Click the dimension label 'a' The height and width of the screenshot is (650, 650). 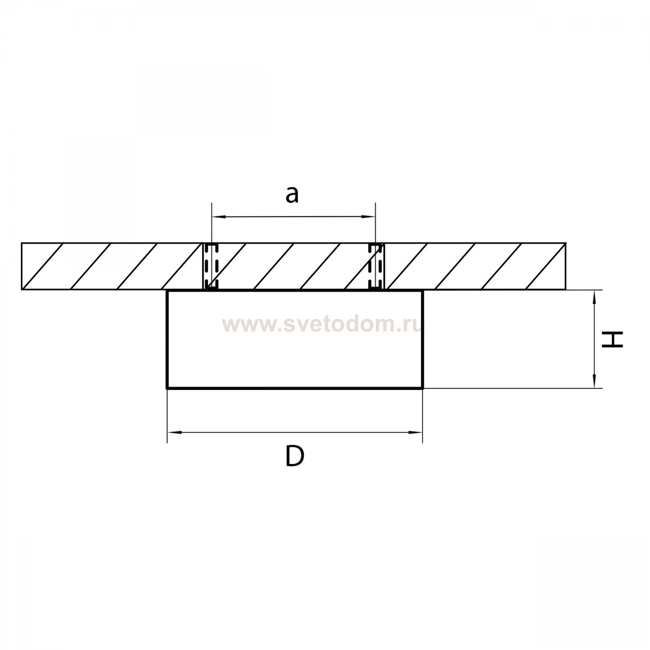pos(292,195)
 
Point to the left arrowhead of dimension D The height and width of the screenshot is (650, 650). pos(173,432)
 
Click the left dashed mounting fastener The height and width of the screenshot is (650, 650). pos(211,266)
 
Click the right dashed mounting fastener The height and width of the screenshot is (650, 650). pos(375,266)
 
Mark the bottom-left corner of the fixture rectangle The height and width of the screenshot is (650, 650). pos(167,388)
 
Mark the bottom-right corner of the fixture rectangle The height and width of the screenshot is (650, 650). pos(422,388)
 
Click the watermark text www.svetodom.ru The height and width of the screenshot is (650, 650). pos(322,324)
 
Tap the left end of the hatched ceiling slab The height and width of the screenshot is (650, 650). pos(22,266)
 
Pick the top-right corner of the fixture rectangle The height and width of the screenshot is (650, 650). pos(422,290)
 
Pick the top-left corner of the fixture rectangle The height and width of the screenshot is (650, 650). pos(167,290)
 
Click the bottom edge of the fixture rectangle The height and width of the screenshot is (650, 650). pos(295,388)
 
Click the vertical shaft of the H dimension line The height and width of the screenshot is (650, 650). pos(595,339)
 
